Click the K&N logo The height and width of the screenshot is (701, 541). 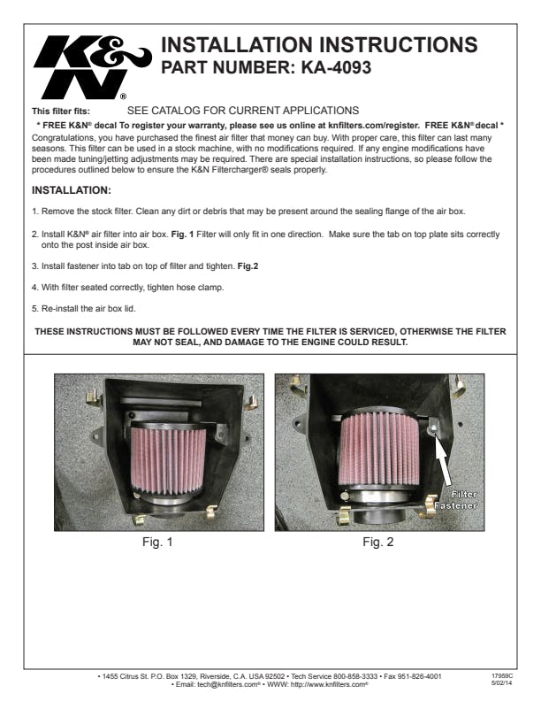pyautogui.click(x=92, y=67)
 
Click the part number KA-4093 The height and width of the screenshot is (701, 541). pyautogui.click(x=336, y=67)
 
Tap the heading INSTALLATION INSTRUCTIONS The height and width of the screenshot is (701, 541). pyautogui.click(x=319, y=45)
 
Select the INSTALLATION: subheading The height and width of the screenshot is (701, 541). pyautogui.click(x=72, y=190)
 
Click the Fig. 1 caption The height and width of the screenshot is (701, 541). pyautogui.click(x=157, y=542)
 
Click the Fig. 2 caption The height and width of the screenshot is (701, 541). pyautogui.click(x=378, y=542)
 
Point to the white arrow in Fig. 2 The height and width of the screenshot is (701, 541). pyautogui.click(x=443, y=460)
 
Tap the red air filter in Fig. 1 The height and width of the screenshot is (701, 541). pyautogui.click(x=168, y=459)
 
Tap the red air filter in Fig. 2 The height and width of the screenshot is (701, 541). pyautogui.click(x=378, y=449)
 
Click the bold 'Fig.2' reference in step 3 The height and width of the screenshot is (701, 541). pyautogui.click(x=248, y=266)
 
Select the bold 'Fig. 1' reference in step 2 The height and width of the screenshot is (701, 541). pyautogui.click(x=183, y=235)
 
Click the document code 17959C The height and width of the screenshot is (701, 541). pyautogui.click(x=502, y=676)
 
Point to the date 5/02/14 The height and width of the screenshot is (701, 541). pyautogui.click(x=502, y=683)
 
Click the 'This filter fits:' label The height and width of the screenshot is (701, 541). pyautogui.click(x=61, y=112)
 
